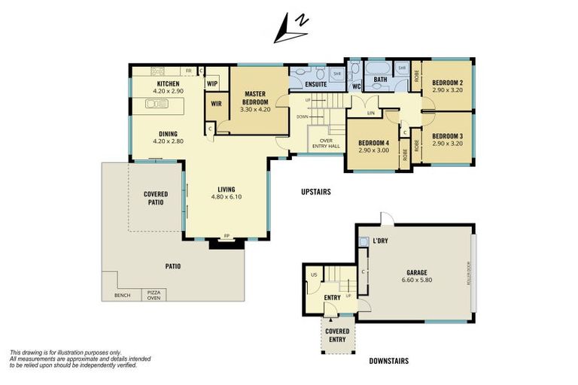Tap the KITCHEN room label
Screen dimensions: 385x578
click(x=168, y=83)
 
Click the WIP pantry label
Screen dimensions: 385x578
click(x=212, y=83)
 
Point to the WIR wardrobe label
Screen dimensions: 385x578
click(x=215, y=104)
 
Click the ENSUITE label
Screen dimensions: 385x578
click(x=315, y=85)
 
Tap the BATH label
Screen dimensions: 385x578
click(x=380, y=79)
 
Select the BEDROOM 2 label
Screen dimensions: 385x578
click(x=447, y=82)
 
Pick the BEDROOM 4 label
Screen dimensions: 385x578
click(x=373, y=143)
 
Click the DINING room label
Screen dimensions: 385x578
click(x=168, y=134)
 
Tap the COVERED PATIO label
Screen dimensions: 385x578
click(x=156, y=197)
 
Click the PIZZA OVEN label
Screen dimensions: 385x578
click(x=154, y=295)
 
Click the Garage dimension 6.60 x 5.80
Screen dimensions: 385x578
click(x=417, y=280)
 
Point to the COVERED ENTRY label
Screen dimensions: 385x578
click(x=336, y=335)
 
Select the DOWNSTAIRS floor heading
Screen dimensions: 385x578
click(x=388, y=362)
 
